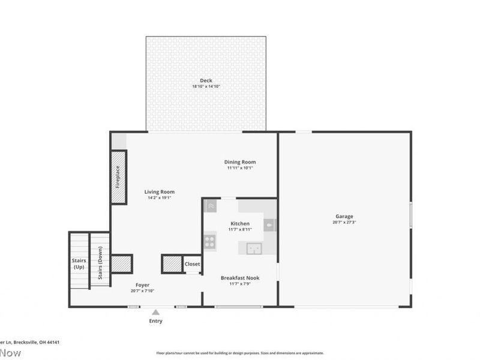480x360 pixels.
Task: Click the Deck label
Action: (x=206, y=80)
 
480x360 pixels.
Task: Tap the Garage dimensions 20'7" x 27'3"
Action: (x=344, y=223)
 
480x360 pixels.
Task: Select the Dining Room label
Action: (x=240, y=162)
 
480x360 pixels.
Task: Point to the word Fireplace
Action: (x=118, y=177)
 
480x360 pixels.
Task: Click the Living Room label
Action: (x=159, y=192)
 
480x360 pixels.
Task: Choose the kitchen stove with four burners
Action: (x=210, y=242)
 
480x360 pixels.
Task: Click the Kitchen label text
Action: (x=239, y=224)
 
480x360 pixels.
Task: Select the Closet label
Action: (x=193, y=264)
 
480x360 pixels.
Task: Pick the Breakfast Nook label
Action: (x=240, y=278)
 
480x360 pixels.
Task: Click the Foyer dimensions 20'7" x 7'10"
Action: (x=142, y=291)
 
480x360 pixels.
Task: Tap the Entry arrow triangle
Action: (x=155, y=312)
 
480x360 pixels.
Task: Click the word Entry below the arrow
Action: (x=155, y=321)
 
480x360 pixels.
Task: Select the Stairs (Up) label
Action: (x=79, y=264)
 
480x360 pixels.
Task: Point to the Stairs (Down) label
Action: (x=100, y=264)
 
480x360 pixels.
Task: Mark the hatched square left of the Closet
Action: (x=172, y=264)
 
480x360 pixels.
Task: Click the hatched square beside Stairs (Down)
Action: (x=121, y=264)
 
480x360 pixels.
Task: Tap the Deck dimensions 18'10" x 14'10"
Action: (x=206, y=86)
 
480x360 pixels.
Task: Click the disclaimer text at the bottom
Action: (x=240, y=353)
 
